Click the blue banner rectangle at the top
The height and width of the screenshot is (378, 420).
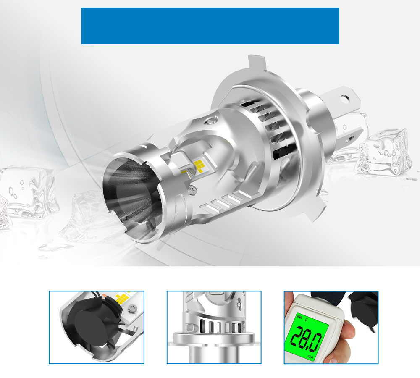210,26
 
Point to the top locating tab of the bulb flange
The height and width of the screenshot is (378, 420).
254,63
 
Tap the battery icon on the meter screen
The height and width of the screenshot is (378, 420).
300,316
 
